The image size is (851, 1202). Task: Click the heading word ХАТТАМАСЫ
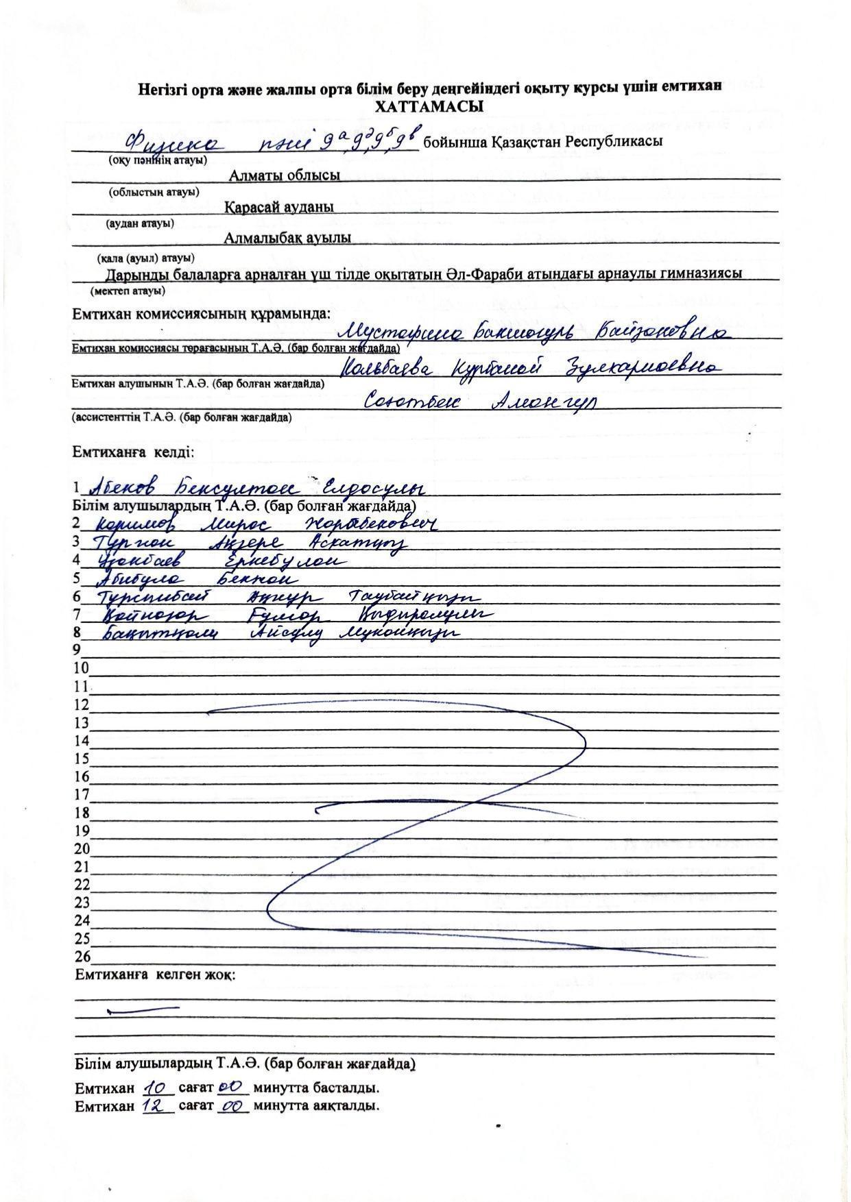tap(429, 107)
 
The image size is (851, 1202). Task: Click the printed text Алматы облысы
tap(285, 175)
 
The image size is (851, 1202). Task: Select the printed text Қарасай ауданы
tap(279, 207)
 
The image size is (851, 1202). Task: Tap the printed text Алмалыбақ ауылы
tap(287, 238)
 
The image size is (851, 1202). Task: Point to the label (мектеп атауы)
tap(128, 291)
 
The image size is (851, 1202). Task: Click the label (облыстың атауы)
tap(154, 192)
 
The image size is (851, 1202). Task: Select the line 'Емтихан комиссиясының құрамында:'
tap(202, 314)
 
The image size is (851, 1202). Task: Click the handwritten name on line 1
tap(253, 487)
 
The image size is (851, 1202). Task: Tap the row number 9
tap(77, 650)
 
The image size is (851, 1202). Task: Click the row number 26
tap(82, 957)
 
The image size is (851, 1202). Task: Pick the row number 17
tap(82, 795)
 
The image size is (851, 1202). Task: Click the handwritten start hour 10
tap(157, 1087)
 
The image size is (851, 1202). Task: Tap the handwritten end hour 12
tap(157, 1105)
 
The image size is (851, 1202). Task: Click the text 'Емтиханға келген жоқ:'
tap(154, 974)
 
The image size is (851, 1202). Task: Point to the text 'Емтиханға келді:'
tap(134, 453)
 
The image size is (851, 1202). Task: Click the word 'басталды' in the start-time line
tap(350, 1088)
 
